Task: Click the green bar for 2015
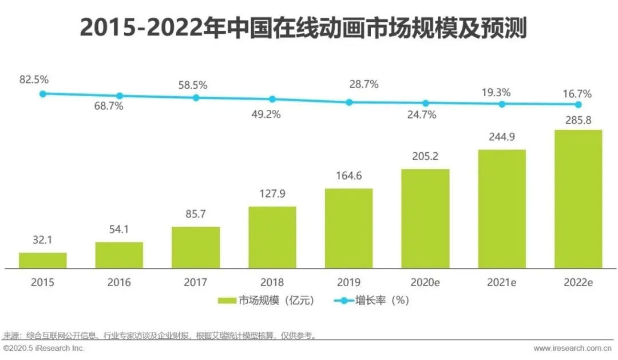point(43,260)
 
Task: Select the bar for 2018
point(272,237)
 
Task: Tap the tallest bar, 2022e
point(578,199)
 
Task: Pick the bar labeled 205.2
point(425,219)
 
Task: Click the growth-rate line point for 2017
point(196,98)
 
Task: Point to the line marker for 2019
point(349,102)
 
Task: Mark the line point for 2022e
point(579,105)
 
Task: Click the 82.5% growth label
point(34,80)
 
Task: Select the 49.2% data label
point(266,114)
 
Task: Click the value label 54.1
point(119,231)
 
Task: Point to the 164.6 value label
point(348,176)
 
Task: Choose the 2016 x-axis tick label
point(119,282)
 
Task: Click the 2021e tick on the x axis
point(502,282)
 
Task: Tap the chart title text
point(303,27)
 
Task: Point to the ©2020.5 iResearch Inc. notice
point(43,348)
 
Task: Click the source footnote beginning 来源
point(160,335)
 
